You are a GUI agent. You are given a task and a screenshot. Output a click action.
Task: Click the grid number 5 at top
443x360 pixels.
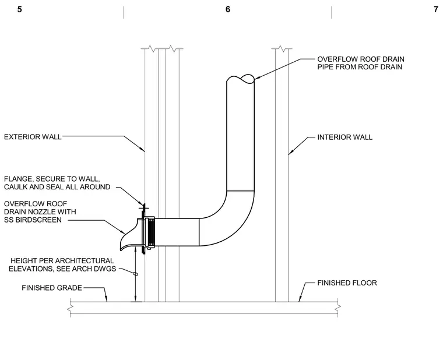[x=19, y=9]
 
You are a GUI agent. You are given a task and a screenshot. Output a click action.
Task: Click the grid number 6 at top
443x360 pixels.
[x=228, y=9]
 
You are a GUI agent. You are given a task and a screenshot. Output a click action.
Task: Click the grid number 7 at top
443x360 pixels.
[x=435, y=9]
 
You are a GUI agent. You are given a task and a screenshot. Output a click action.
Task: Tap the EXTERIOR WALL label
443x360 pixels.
[x=33, y=137]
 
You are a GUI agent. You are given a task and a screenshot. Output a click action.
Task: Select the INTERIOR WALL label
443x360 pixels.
[x=344, y=137]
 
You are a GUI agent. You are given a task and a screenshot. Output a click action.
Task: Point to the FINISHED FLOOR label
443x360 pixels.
[x=347, y=283]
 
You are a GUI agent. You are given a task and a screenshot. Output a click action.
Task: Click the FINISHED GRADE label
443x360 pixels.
[x=52, y=288]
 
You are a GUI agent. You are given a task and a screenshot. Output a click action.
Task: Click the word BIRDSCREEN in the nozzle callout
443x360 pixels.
[x=38, y=220]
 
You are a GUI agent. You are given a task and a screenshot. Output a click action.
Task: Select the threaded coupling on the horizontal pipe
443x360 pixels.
[x=150, y=232]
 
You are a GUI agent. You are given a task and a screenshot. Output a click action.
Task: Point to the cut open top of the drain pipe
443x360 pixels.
[x=240, y=79]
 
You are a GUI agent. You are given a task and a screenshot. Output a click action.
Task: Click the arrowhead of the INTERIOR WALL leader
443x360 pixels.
[x=290, y=153]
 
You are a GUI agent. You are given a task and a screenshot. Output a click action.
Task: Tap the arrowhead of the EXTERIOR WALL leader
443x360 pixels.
[x=143, y=150]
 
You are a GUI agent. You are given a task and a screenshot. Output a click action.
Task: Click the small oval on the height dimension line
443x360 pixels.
[x=136, y=274]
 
